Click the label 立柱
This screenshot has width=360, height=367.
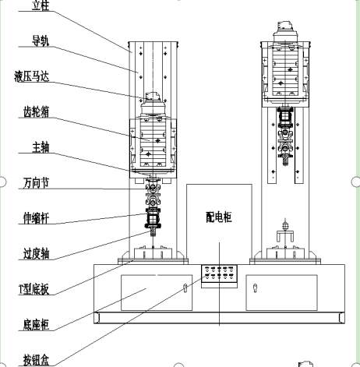tap(41, 5)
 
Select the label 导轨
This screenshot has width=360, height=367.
tap(41, 41)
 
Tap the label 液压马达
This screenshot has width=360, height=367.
tap(32, 76)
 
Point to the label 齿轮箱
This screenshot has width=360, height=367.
tap(36, 112)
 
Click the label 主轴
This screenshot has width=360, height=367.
tap(41, 147)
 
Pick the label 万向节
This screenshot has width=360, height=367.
tap(36, 183)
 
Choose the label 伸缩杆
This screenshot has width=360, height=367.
tap(36, 218)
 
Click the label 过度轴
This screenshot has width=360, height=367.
tap(36, 253)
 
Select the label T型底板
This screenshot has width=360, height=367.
tap(34, 289)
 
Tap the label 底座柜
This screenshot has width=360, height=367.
tap(36, 324)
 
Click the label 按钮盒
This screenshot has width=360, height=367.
tap(36, 360)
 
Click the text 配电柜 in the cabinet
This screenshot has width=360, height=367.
tap(219, 217)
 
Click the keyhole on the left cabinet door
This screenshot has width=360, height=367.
tap(185, 288)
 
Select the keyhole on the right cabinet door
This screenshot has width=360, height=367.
tap(255, 288)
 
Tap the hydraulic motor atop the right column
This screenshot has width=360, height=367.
tap(285, 32)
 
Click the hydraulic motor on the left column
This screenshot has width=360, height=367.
tap(154, 104)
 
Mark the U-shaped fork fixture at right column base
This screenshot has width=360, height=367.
tap(285, 235)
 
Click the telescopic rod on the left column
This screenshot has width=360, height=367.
tap(153, 218)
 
